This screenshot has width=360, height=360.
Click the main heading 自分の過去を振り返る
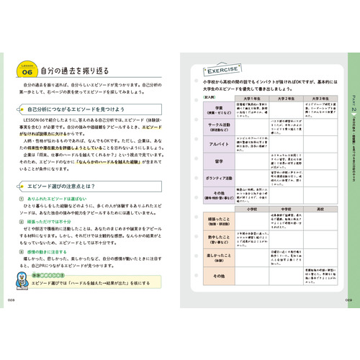[76, 71]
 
